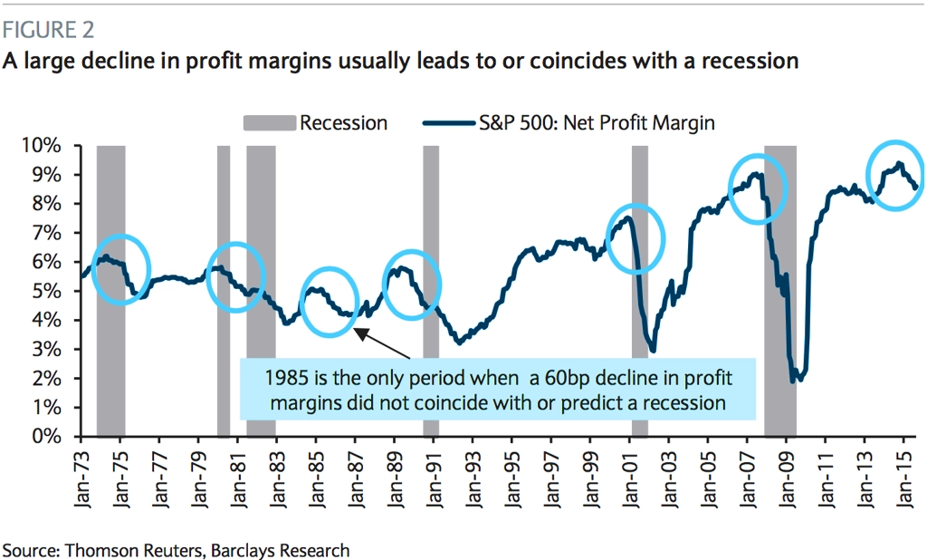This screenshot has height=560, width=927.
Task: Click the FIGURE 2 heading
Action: [x=49, y=30]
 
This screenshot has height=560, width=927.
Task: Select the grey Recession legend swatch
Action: [x=269, y=122]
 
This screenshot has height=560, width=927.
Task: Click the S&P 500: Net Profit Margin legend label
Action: [x=597, y=122]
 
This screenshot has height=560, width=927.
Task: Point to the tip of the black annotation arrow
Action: [x=356, y=331]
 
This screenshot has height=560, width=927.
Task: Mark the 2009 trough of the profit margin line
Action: [x=794, y=379]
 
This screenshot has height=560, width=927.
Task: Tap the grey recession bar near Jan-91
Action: [x=431, y=227]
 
